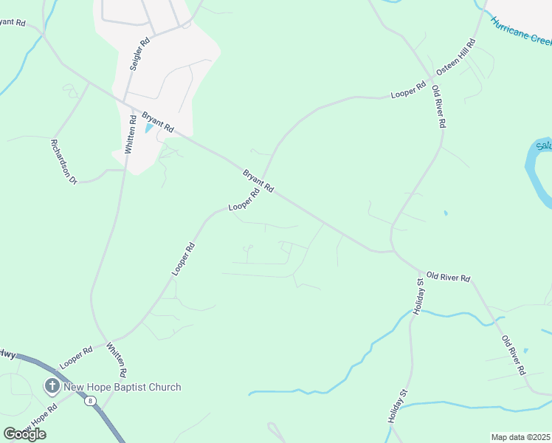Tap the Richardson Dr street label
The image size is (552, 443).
click(63, 161)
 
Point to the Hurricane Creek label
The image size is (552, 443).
click(521, 31)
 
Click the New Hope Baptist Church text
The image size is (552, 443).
click(123, 387)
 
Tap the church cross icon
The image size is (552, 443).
click(52, 385)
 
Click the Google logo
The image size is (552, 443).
click(24, 433)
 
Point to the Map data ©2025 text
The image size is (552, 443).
click(520, 437)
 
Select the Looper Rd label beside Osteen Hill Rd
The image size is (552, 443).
click(408, 91)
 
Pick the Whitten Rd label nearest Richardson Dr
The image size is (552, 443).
click(131, 134)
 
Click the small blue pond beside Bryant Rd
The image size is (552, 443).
click(150, 128)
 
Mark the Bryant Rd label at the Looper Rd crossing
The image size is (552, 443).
click(258, 180)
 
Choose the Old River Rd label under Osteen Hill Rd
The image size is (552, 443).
click(439, 108)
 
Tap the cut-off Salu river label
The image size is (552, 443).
click(544, 146)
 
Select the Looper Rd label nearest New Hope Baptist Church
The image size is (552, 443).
click(76, 357)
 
